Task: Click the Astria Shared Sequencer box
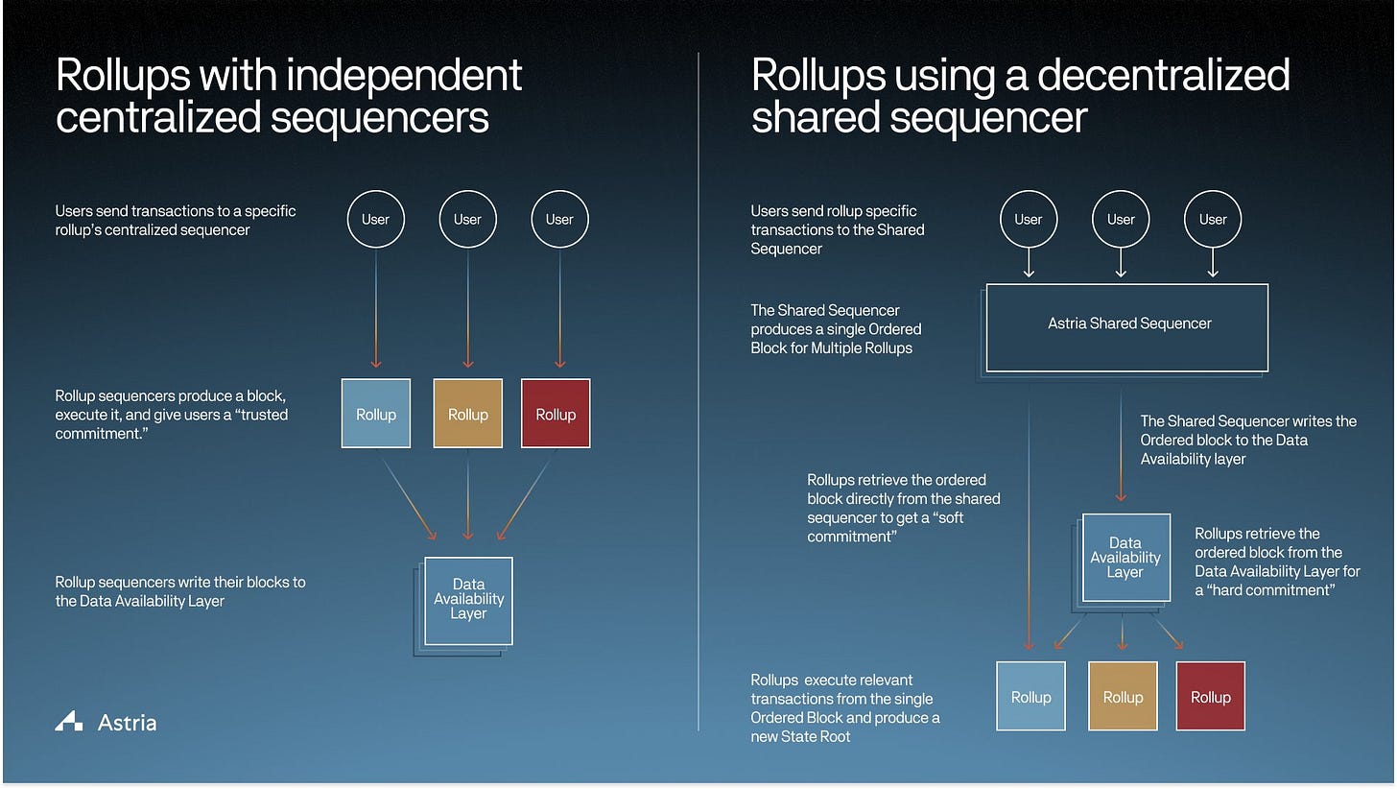[1127, 326]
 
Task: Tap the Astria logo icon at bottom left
[68, 722]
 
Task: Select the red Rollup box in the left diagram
[556, 414]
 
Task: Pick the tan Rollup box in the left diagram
[467, 414]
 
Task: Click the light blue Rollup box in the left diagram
[376, 414]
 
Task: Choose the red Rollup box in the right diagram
[1210, 697]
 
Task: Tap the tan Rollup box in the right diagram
[1123, 697]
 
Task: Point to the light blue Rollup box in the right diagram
[1030, 697]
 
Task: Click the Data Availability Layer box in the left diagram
[468, 600]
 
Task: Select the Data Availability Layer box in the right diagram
[1125, 558]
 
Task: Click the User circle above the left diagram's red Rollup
[559, 219]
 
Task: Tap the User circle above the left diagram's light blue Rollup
[375, 219]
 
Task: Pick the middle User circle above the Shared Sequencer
[1121, 219]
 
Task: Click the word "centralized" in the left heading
[158, 118]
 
